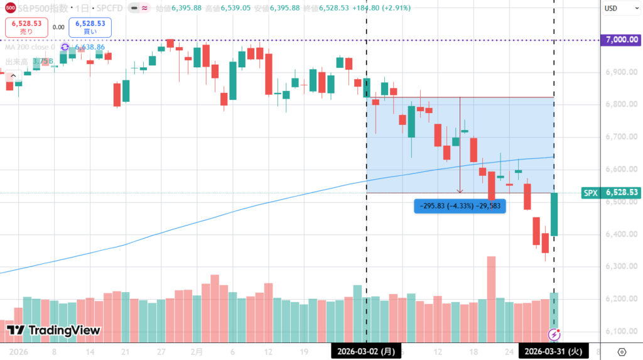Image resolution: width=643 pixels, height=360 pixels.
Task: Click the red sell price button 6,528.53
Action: pyautogui.click(x=26, y=27)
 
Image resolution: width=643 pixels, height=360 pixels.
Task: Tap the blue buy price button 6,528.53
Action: pyautogui.click(x=90, y=27)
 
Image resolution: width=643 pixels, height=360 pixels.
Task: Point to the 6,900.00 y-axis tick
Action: pyautogui.click(x=620, y=72)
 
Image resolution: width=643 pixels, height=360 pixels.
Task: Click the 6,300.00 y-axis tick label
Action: pyautogui.click(x=620, y=266)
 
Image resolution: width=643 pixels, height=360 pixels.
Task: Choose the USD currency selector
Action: pyautogui.click(x=612, y=8)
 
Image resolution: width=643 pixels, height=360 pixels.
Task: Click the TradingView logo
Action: pyautogui.click(x=53, y=330)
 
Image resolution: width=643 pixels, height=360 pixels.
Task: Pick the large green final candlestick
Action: pyautogui.click(x=554, y=215)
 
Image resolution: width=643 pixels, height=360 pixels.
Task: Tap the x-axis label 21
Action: pyautogui.click(x=126, y=352)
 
